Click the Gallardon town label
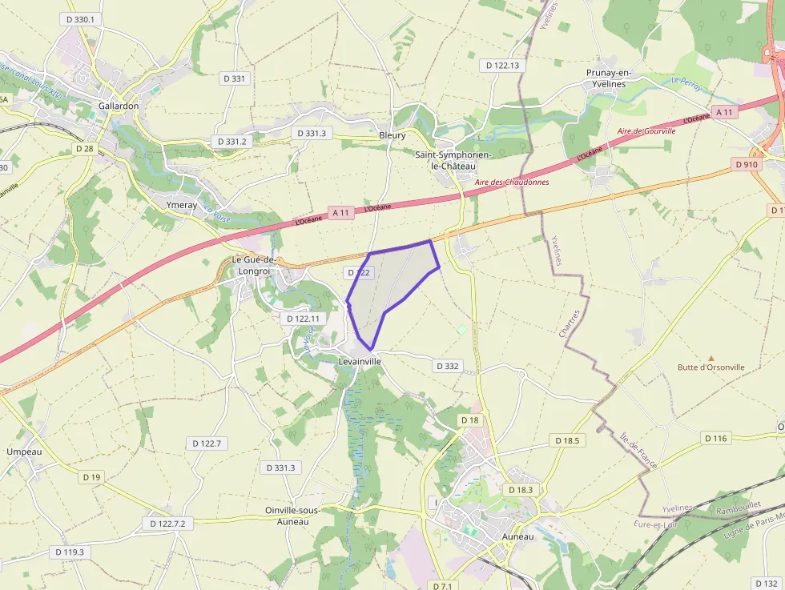[x=119, y=106]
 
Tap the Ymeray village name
[x=180, y=205]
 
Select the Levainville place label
[x=359, y=362]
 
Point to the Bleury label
[x=392, y=135]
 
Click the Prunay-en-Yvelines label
[x=609, y=78]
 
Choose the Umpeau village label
[x=23, y=452]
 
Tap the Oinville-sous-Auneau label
[x=298, y=516]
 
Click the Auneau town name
[x=517, y=536]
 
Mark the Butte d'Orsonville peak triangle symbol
[x=711, y=358]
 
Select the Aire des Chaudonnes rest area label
[x=512, y=183]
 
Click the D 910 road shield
[x=746, y=164]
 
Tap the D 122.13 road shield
[x=502, y=66]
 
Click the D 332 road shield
[x=448, y=366]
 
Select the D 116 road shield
[x=717, y=438]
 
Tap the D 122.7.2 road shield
[x=167, y=524]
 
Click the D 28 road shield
[x=84, y=148]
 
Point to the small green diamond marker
[x=461, y=329]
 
